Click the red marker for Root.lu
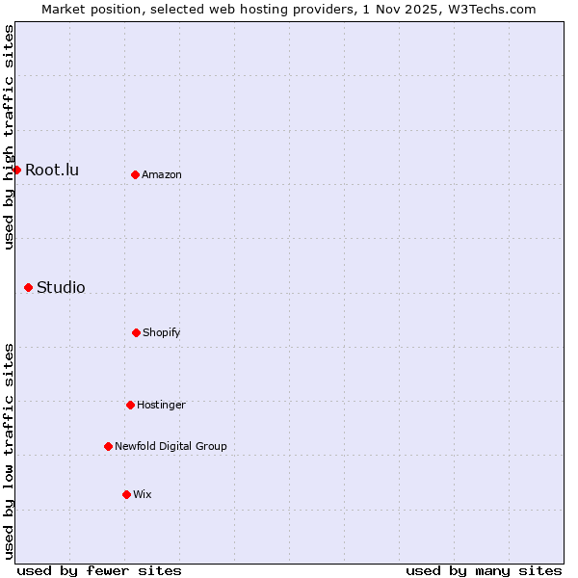16,170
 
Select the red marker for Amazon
135,174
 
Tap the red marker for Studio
28,287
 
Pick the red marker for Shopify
136,332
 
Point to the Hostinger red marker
130,405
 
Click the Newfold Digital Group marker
108,446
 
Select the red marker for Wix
126,494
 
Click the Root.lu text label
52,171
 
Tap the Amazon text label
162,174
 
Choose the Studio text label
61,287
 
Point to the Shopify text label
162,332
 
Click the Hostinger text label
161,405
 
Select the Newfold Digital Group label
171,446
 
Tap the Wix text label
143,494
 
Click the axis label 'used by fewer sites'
99,570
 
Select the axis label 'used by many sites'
484,570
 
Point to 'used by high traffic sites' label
9,137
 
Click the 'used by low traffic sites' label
9,451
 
